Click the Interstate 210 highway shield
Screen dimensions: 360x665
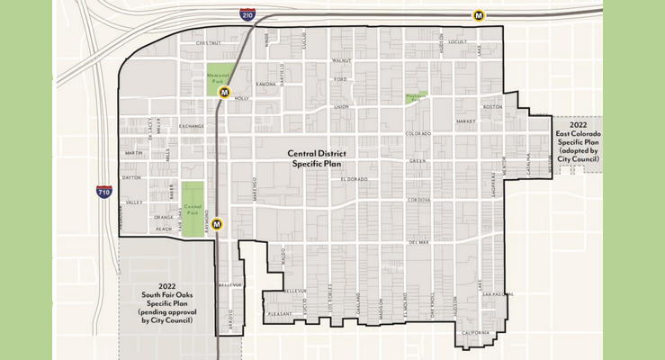pos(247,15)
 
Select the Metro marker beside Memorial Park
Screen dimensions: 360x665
pos(225,92)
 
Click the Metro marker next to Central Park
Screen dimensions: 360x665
pos(216,224)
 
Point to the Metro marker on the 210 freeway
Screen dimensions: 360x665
pos(480,15)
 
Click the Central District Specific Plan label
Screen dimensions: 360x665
pos(316,159)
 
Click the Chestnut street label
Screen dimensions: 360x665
pos(208,42)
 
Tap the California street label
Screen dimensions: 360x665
pos(476,332)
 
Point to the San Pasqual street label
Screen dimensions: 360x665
pos(497,294)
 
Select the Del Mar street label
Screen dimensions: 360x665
pos(418,242)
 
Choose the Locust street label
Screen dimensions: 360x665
pos(457,41)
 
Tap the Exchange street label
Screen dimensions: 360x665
pos(192,126)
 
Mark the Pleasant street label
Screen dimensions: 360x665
pos(280,313)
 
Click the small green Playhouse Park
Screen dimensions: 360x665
pos(413,96)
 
